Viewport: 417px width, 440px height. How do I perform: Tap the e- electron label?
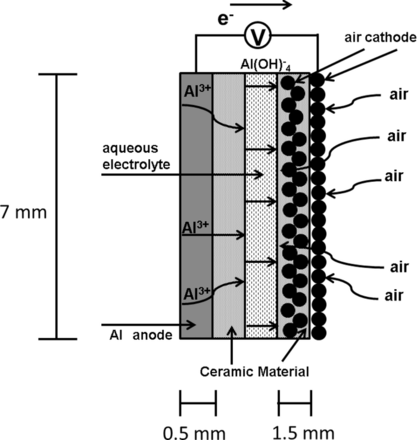pos(224,19)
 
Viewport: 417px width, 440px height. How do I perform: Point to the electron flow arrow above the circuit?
pos(261,5)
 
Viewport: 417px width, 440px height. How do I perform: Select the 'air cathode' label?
pos(380,37)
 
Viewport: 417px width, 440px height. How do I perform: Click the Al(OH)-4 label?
pos(266,65)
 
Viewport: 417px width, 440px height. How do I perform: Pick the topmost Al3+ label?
pos(197,91)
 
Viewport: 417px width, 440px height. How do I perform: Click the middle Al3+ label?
pos(195,228)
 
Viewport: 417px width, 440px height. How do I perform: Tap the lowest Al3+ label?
pos(197,293)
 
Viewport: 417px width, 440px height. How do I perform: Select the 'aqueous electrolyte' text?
pos(136,156)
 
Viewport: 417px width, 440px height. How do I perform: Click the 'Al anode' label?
pos(141,335)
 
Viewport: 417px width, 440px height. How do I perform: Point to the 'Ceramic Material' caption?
pos(255,371)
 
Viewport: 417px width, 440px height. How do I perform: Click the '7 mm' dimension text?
pos(23,212)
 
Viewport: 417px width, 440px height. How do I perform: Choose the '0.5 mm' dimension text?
pos(194,433)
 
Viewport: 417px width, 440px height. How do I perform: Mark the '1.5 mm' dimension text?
pos(303,433)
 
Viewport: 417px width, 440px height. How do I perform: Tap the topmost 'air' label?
pos(399,95)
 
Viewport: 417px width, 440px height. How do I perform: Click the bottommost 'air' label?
pos(394,296)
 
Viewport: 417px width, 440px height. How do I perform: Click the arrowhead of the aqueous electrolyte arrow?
pos(260,174)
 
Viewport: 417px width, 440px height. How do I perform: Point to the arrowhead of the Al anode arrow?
pos(191,324)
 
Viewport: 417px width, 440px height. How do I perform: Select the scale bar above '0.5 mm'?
pos(198,403)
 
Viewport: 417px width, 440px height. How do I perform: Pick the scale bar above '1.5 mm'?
pos(295,403)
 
